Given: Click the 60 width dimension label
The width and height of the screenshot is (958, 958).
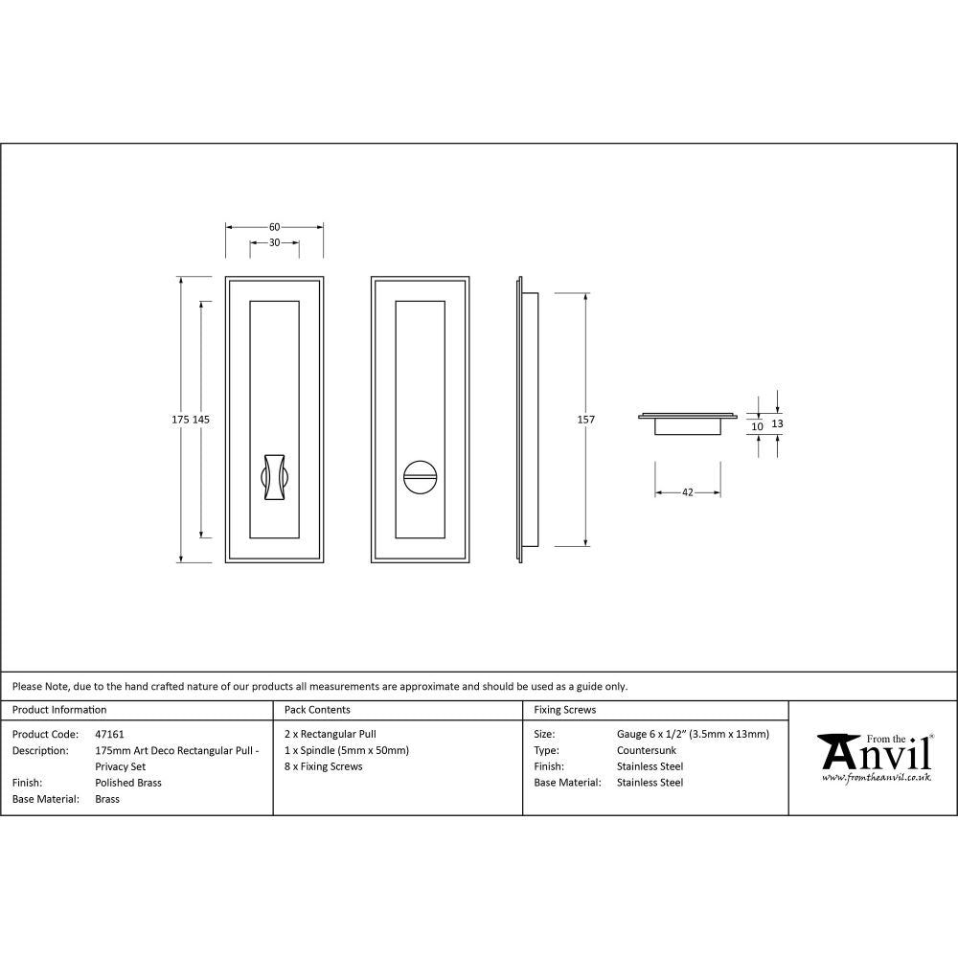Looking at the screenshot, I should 274,227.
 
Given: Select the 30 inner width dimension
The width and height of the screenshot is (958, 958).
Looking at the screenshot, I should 274,243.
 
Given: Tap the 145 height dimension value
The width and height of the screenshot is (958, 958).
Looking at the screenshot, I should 201,420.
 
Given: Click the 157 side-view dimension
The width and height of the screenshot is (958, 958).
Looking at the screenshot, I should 585,420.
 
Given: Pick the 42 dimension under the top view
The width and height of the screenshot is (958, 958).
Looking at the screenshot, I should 687,492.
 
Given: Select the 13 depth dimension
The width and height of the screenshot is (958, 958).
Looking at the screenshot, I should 777,422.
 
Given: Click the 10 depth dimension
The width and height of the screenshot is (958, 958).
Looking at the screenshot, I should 757,427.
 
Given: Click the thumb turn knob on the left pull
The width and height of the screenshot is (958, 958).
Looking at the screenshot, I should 274,474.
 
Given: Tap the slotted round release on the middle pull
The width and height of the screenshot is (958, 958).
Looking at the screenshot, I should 420,474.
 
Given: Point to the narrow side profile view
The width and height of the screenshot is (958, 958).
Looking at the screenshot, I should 527,420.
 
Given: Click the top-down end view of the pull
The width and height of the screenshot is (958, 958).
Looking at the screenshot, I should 687,422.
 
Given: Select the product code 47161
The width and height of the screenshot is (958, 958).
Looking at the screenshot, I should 110,734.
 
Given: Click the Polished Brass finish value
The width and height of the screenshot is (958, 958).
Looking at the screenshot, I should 128,783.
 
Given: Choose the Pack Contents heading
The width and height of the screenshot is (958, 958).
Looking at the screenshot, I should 317,710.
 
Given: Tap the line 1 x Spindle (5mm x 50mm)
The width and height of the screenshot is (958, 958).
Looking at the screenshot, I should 347,750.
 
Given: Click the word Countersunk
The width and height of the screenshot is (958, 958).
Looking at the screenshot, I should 647,750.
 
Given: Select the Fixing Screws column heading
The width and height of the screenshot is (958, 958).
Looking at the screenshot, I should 565,710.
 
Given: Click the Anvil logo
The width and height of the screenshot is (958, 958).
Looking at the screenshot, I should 874,752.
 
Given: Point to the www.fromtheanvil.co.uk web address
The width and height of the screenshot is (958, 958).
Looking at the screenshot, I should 876,778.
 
